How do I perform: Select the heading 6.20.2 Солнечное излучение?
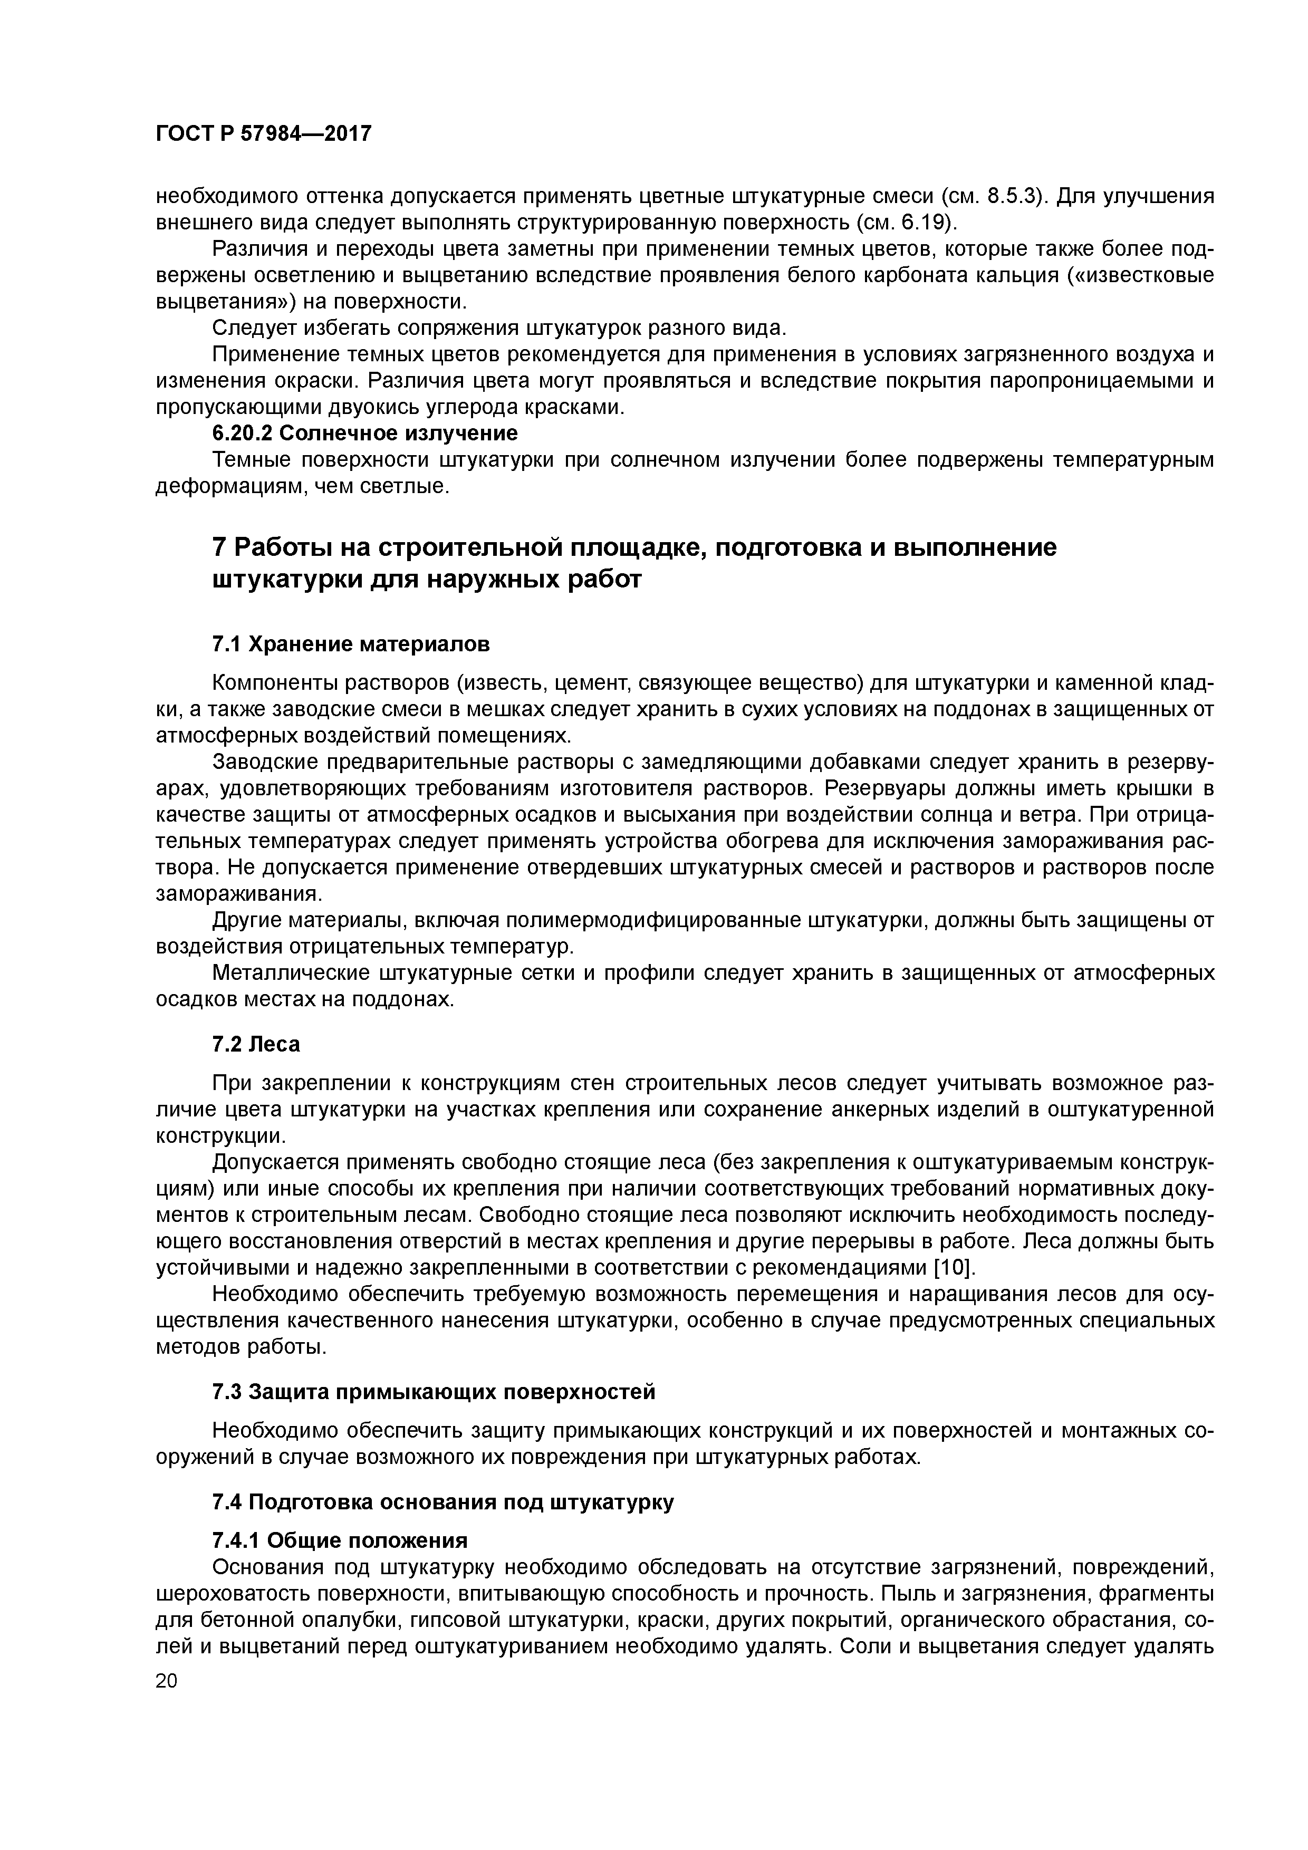pyautogui.click(x=364, y=433)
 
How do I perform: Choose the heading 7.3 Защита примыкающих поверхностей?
pyautogui.click(x=434, y=1392)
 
